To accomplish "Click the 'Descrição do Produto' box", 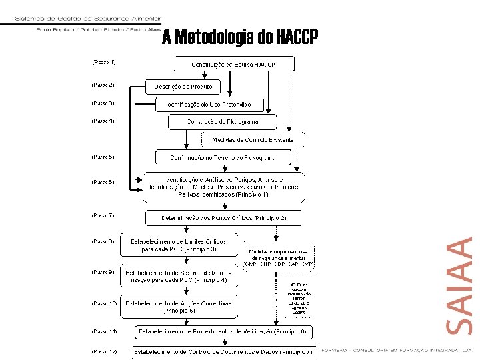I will [183, 87].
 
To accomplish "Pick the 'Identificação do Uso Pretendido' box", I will [209, 105].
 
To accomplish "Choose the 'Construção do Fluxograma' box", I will [222, 122].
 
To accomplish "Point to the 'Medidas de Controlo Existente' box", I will [253, 140].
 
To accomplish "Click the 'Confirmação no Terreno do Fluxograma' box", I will [224, 158].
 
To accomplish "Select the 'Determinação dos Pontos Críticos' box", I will [224, 218].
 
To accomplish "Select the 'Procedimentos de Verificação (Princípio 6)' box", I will [221, 331].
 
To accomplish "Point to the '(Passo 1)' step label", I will [103, 62].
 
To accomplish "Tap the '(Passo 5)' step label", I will [103, 157].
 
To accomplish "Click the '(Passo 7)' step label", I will [103, 215].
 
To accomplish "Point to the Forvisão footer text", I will [396, 349].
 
